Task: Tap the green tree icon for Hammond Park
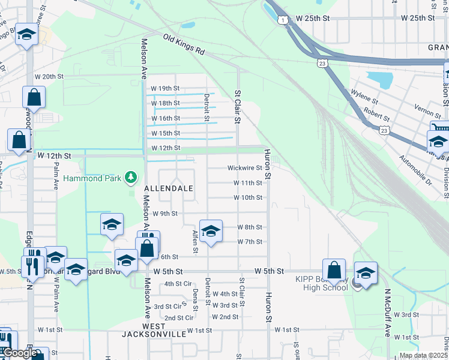pyautogui.click(x=131, y=177)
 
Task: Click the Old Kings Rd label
pyautogui.click(x=184, y=45)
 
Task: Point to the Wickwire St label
pyautogui.click(x=245, y=168)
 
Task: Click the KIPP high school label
pyautogui.click(x=322, y=283)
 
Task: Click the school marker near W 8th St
pyautogui.click(x=211, y=232)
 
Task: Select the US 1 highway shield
pyautogui.click(x=282, y=20)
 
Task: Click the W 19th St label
pyautogui.click(x=166, y=88)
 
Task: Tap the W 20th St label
pyautogui.click(x=49, y=77)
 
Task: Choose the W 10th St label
pyautogui.click(x=248, y=197)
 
